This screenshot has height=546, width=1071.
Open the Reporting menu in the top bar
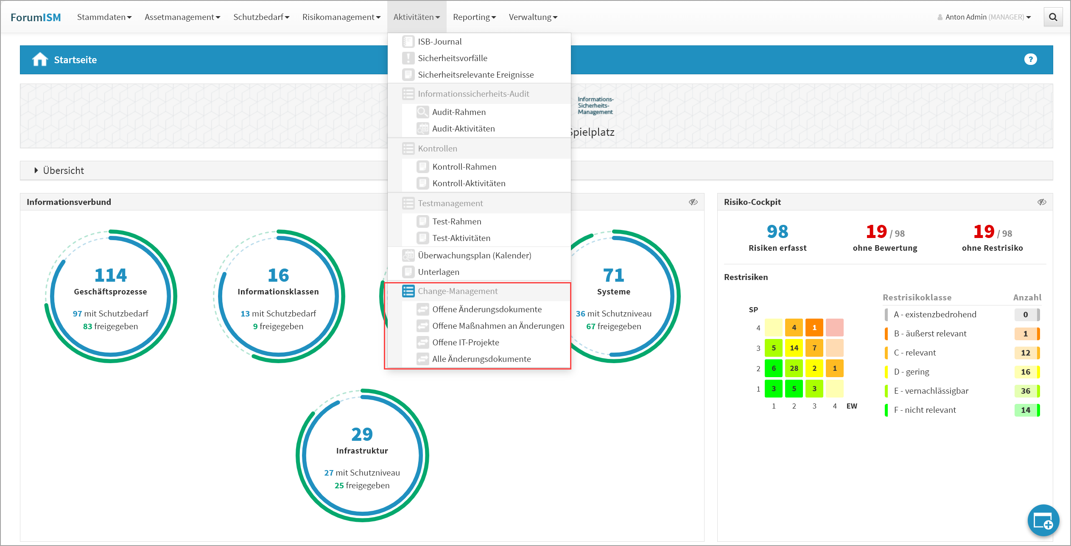tap(474, 17)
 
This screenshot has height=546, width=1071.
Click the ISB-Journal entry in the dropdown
tap(439, 42)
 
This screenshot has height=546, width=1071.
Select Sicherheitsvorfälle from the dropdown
tap(452, 58)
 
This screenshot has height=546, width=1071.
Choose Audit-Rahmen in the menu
tap(459, 112)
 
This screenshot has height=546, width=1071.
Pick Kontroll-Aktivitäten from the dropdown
tap(468, 183)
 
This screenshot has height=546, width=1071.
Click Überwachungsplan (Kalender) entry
tap(474, 255)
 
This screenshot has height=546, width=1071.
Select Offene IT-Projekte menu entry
tap(465, 342)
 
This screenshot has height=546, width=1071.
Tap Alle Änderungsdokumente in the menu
tap(481, 359)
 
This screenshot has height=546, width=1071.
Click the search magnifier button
tap(1053, 17)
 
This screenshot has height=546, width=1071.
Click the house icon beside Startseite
tap(40, 59)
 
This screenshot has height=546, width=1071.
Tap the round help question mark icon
tap(1030, 59)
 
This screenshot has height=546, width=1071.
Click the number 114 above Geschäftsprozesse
tap(110, 275)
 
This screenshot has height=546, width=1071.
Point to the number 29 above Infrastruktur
tap(362, 434)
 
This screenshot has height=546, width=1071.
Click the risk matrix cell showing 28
tap(794, 368)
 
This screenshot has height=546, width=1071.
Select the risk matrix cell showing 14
tap(794, 348)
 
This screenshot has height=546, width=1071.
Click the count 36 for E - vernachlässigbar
tap(1025, 391)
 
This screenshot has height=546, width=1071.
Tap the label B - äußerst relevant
tap(930, 333)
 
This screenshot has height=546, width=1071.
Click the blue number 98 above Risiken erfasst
tap(777, 232)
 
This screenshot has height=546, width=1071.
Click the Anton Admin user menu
tap(984, 17)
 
